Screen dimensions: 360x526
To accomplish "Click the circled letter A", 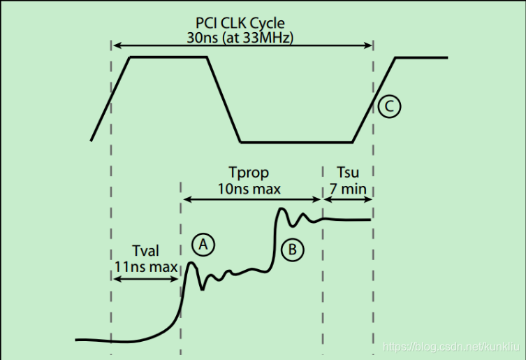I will tap(203, 245).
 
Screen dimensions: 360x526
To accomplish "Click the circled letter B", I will tap(292, 249).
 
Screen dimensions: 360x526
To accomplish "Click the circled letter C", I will tap(390, 107).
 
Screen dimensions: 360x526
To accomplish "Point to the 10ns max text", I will tap(249, 188).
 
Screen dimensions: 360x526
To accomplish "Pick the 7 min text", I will tap(347, 188).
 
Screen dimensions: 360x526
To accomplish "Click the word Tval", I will tap(145, 250).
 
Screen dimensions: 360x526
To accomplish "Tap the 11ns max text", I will tap(145, 266).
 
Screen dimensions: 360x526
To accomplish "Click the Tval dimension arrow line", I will tap(145, 280).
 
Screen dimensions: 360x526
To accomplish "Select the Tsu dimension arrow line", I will tap(347, 199).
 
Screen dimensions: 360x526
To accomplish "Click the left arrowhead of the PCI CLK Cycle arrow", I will tap(116, 45).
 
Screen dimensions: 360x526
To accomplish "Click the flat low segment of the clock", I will tap(296, 142).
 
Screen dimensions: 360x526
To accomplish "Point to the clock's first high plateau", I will tap(169, 57).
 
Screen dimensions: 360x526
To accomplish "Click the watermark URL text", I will tap(453, 347).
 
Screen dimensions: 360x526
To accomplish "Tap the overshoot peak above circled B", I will tap(282, 209).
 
